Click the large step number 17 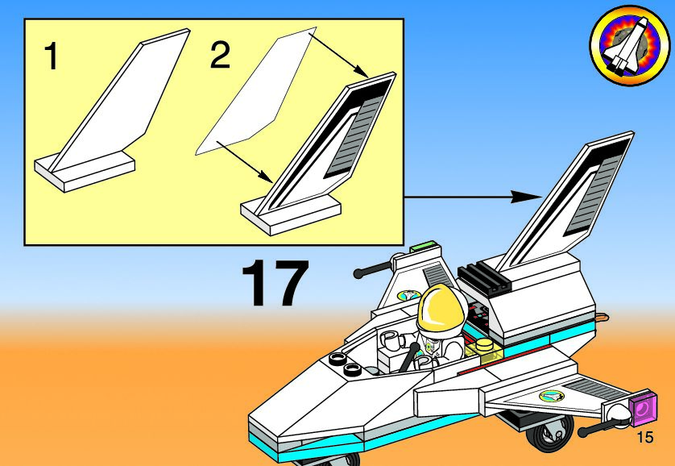(x=275, y=284)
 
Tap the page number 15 (x=644, y=438)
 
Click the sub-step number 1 (x=51, y=56)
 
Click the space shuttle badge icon (x=623, y=46)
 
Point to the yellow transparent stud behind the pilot (x=485, y=347)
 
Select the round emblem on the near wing (x=551, y=396)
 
